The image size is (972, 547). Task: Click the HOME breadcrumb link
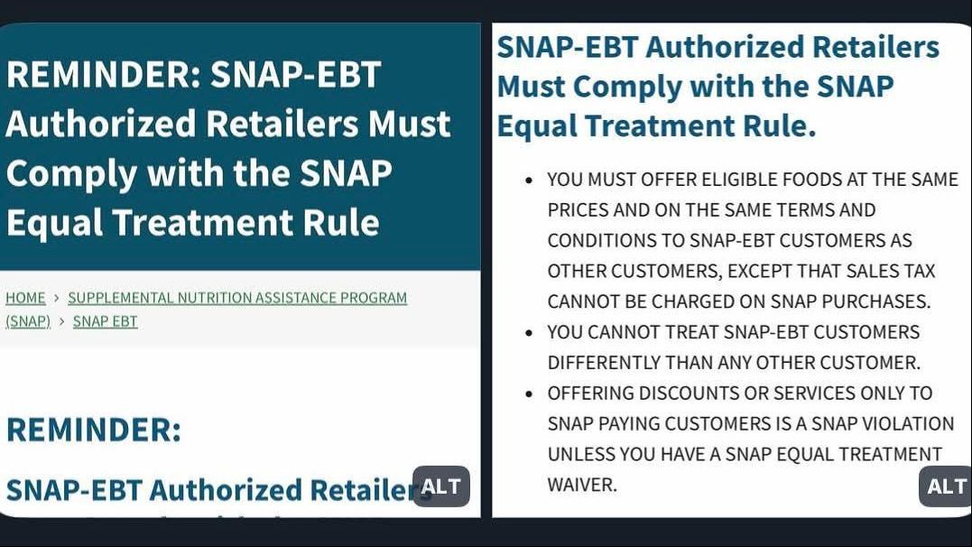[25, 298]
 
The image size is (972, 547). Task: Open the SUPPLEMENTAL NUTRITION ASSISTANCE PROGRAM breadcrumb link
[237, 298]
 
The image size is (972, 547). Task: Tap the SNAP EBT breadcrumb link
[106, 321]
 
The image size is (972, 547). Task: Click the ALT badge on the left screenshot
[440, 487]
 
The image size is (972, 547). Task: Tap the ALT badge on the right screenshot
[945, 487]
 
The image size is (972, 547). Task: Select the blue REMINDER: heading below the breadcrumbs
[94, 429]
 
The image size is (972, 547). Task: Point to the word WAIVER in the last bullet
[582, 485]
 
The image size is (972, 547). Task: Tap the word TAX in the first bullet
[919, 271]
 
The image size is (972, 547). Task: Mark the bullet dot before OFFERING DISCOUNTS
[529, 394]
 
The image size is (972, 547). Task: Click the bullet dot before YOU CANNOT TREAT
[529, 333]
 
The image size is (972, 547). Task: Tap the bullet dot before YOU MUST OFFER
[529, 181]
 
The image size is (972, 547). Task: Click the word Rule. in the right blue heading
[780, 125]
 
